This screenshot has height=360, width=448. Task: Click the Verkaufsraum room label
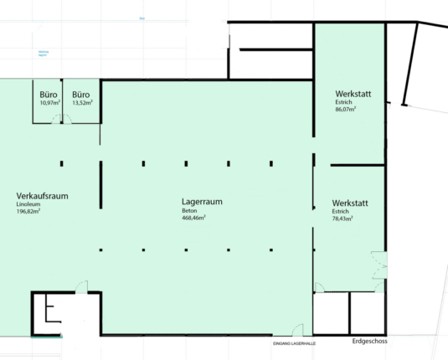point(41,196)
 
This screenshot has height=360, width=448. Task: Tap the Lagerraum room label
point(202,203)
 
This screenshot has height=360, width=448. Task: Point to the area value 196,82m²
point(28,211)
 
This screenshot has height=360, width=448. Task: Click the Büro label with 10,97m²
point(49,95)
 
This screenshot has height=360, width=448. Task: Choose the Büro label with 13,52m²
point(81,95)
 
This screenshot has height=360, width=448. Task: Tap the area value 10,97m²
point(49,103)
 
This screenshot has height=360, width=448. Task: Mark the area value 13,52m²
point(82,103)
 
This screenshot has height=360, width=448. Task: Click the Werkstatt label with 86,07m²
point(353,93)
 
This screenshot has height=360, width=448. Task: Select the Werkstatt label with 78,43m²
point(350,203)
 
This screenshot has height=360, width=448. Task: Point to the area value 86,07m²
point(346,109)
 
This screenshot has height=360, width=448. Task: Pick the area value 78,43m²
point(342,219)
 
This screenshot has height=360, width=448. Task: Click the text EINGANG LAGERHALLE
point(296,344)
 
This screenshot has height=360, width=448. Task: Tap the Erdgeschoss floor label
point(369,342)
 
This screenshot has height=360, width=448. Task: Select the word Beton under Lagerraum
point(188,211)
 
